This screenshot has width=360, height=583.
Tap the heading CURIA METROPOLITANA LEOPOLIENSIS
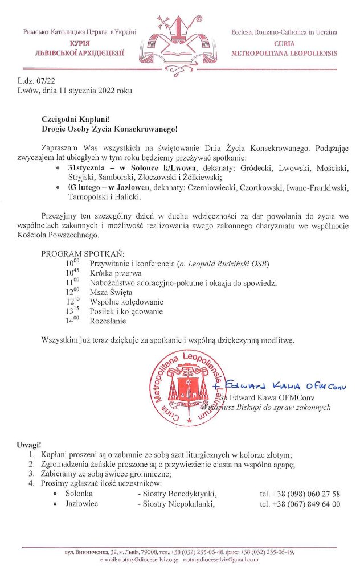284,48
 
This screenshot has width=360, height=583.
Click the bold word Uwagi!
30,444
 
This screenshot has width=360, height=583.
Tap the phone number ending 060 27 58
300,494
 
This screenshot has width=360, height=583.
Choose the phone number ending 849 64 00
300,504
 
